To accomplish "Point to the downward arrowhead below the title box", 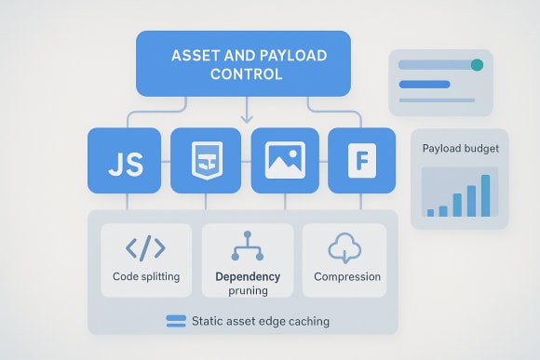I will pyautogui.click(x=246, y=119).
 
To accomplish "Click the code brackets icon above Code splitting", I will pyautogui.click(x=145, y=248).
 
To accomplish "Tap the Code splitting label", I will pyautogui.click(x=146, y=276).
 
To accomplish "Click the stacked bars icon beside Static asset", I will pyautogui.click(x=176, y=321).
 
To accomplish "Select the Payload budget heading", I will pyautogui.click(x=459, y=149).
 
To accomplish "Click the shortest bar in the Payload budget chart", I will pyautogui.click(x=430, y=212).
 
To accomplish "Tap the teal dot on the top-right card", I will pyautogui.click(x=478, y=65).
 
